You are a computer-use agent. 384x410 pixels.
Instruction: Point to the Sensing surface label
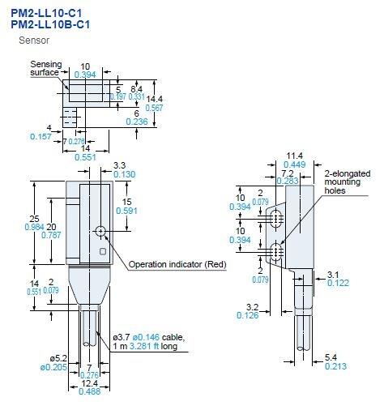[x=45, y=68]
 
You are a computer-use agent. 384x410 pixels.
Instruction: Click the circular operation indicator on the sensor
[x=100, y=231]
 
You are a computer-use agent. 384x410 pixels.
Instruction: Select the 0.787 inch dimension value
[x=53, y=236]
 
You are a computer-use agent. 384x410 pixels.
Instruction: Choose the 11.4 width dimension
[x=296, y=155]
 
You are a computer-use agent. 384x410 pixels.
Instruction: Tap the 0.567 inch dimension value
[x=153, y=107]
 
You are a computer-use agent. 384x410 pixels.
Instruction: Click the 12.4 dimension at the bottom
[x=90, y=383]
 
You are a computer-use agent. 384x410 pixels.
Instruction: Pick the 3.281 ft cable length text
[x=144, y=347]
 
